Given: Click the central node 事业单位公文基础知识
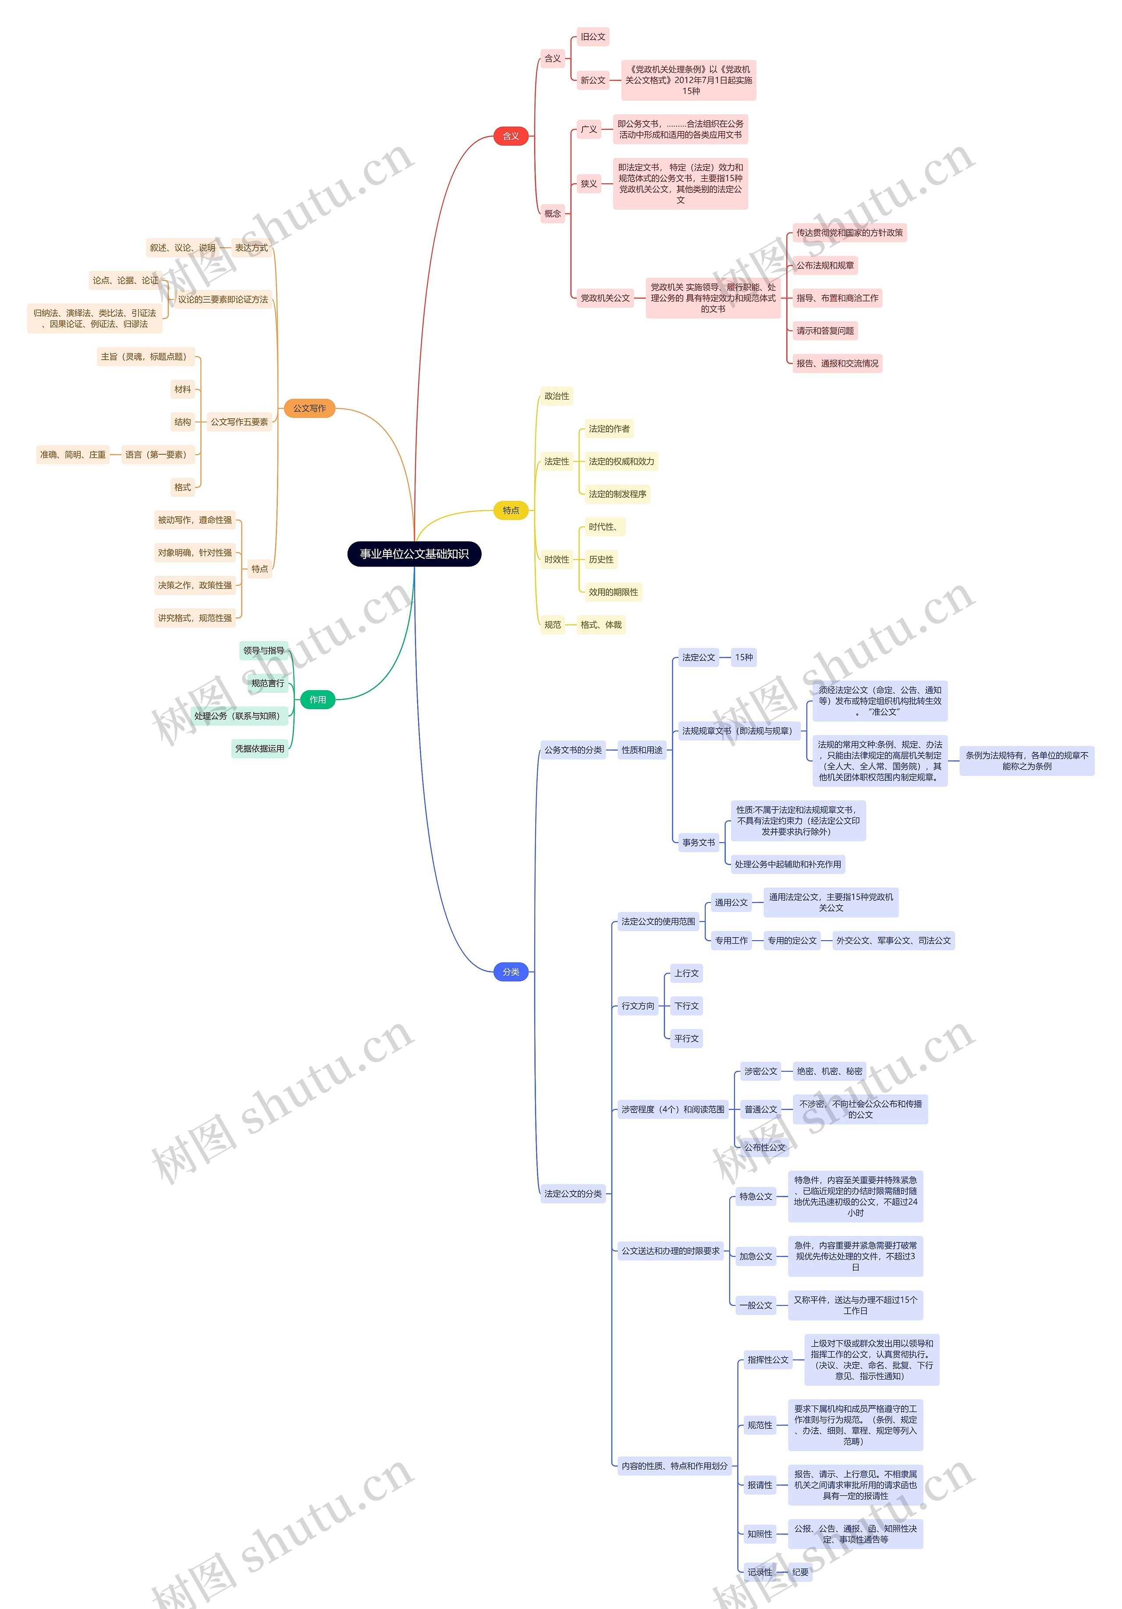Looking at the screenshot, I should tap(414, 553).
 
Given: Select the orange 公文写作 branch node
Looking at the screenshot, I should tap(309, 408).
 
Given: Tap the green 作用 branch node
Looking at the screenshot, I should tap(317, 699).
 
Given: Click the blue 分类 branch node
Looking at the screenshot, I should tap(511, 972).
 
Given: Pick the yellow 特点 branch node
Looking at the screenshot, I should tap(511, 510).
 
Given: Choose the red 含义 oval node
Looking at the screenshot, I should tap(511, 136).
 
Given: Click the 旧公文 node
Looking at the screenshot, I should tap(593, 36).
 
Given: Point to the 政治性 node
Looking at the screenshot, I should tap(557, 396).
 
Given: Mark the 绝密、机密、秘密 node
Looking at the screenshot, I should tap(829, 1071).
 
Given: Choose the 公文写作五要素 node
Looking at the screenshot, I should tap(240, 422).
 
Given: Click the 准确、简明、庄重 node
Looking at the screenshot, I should tap(73, 455).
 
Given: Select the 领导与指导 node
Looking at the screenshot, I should tap(263, 650).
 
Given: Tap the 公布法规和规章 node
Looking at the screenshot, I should tap(825, 266).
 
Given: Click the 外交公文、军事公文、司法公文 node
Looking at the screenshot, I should tap(893, 941).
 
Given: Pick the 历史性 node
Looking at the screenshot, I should tap(601, 559).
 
